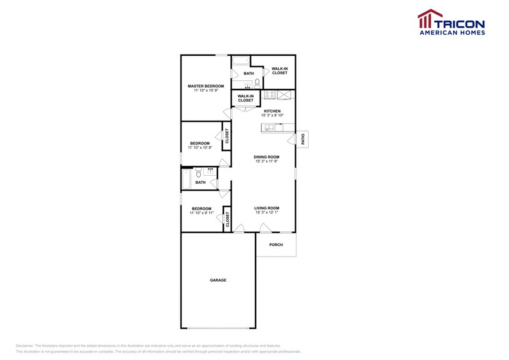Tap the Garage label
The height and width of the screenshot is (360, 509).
tap(218, 280)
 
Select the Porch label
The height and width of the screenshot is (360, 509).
tap(276, 245)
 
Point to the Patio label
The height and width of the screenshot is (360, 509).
tap(303, 139)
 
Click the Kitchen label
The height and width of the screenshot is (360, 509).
tap(272, 111)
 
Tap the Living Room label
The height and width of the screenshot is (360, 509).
tap(266, 208)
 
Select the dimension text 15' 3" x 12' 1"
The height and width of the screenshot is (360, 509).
tap(266, 213)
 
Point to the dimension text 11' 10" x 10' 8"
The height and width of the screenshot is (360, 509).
tap(200, 148)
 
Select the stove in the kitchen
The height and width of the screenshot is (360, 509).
tap(270, 95)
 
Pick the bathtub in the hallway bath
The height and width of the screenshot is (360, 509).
tap(186, 179)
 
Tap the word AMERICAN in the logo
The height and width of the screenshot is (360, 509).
tap(437, 32)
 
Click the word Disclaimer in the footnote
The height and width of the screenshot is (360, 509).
tap(28, 346)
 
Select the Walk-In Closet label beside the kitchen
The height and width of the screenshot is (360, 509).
tap(245, 98)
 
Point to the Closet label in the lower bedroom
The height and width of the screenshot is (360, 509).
tap(227, 219)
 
